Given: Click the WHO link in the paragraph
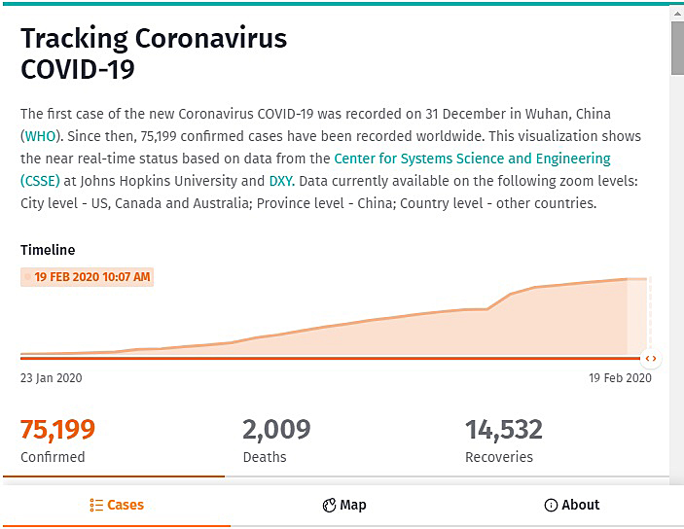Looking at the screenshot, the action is [40, 136].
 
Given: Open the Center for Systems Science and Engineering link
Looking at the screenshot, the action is [472, 159].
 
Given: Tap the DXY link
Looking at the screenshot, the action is [282, 181].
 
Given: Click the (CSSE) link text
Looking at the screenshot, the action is [40, 181].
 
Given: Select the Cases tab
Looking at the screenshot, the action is [117, 505].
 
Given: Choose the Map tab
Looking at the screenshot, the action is [344, 505].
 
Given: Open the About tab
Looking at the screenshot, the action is [572, 505].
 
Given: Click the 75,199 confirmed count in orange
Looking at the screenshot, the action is [57, 430].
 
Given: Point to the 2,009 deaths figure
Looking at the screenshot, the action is [276, 430].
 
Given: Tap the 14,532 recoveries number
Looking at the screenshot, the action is [504, 430].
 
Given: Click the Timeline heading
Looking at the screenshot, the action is [48, 250].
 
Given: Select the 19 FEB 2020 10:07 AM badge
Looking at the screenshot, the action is [87, 277].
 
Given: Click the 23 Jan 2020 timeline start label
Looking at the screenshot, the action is [51, 378].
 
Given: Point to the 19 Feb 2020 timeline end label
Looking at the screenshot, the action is [620, 378].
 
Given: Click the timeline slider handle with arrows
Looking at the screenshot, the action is [651, 359].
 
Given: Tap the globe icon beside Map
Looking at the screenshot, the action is [329, 506].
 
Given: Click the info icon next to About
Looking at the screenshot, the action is [551, 505].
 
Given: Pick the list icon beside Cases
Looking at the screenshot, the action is [96, 505].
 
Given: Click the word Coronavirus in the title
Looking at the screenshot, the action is [211, 38].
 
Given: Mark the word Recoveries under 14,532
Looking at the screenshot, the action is [499, 457].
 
